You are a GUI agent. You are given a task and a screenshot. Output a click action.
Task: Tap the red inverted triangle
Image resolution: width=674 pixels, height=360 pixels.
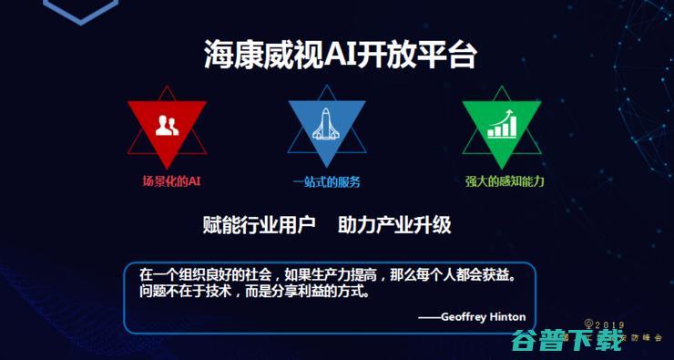tap(167, 123)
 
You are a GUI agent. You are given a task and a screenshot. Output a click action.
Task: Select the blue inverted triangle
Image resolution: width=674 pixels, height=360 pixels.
tap(327, 123)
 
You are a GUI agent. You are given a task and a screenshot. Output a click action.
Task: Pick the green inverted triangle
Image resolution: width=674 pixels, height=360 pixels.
tap(501, 123)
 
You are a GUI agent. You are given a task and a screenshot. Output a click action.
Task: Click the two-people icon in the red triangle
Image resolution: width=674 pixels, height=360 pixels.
tap(167, 125)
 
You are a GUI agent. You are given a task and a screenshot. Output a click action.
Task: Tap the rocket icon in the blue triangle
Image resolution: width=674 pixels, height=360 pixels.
tap(327, 125)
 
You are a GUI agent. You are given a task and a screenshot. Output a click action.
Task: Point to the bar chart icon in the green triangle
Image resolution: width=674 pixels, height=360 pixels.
tap(501, 125)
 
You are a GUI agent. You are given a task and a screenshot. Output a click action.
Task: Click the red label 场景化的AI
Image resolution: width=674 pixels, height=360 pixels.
tap(171, 180)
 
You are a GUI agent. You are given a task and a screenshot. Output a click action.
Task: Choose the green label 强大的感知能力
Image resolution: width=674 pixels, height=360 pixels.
tap(505, 180)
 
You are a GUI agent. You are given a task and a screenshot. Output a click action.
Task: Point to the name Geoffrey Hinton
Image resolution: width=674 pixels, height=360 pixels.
tap(483, 317)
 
